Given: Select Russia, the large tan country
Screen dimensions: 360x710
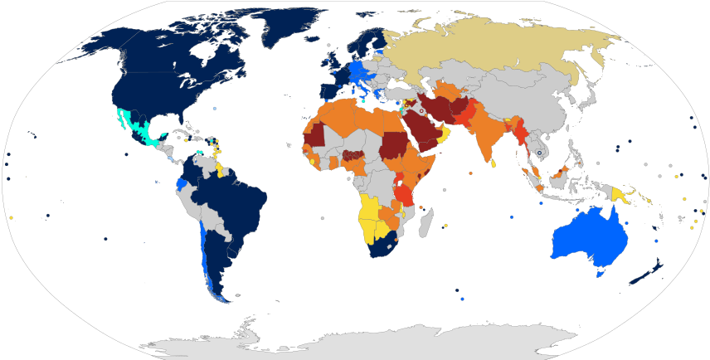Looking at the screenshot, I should click(498, 50).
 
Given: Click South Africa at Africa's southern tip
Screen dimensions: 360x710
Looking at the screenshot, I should click(383, 246).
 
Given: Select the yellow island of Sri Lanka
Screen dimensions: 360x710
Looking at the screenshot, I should click(495, 163).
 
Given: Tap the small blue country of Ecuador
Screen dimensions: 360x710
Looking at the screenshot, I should click(182, 183).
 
